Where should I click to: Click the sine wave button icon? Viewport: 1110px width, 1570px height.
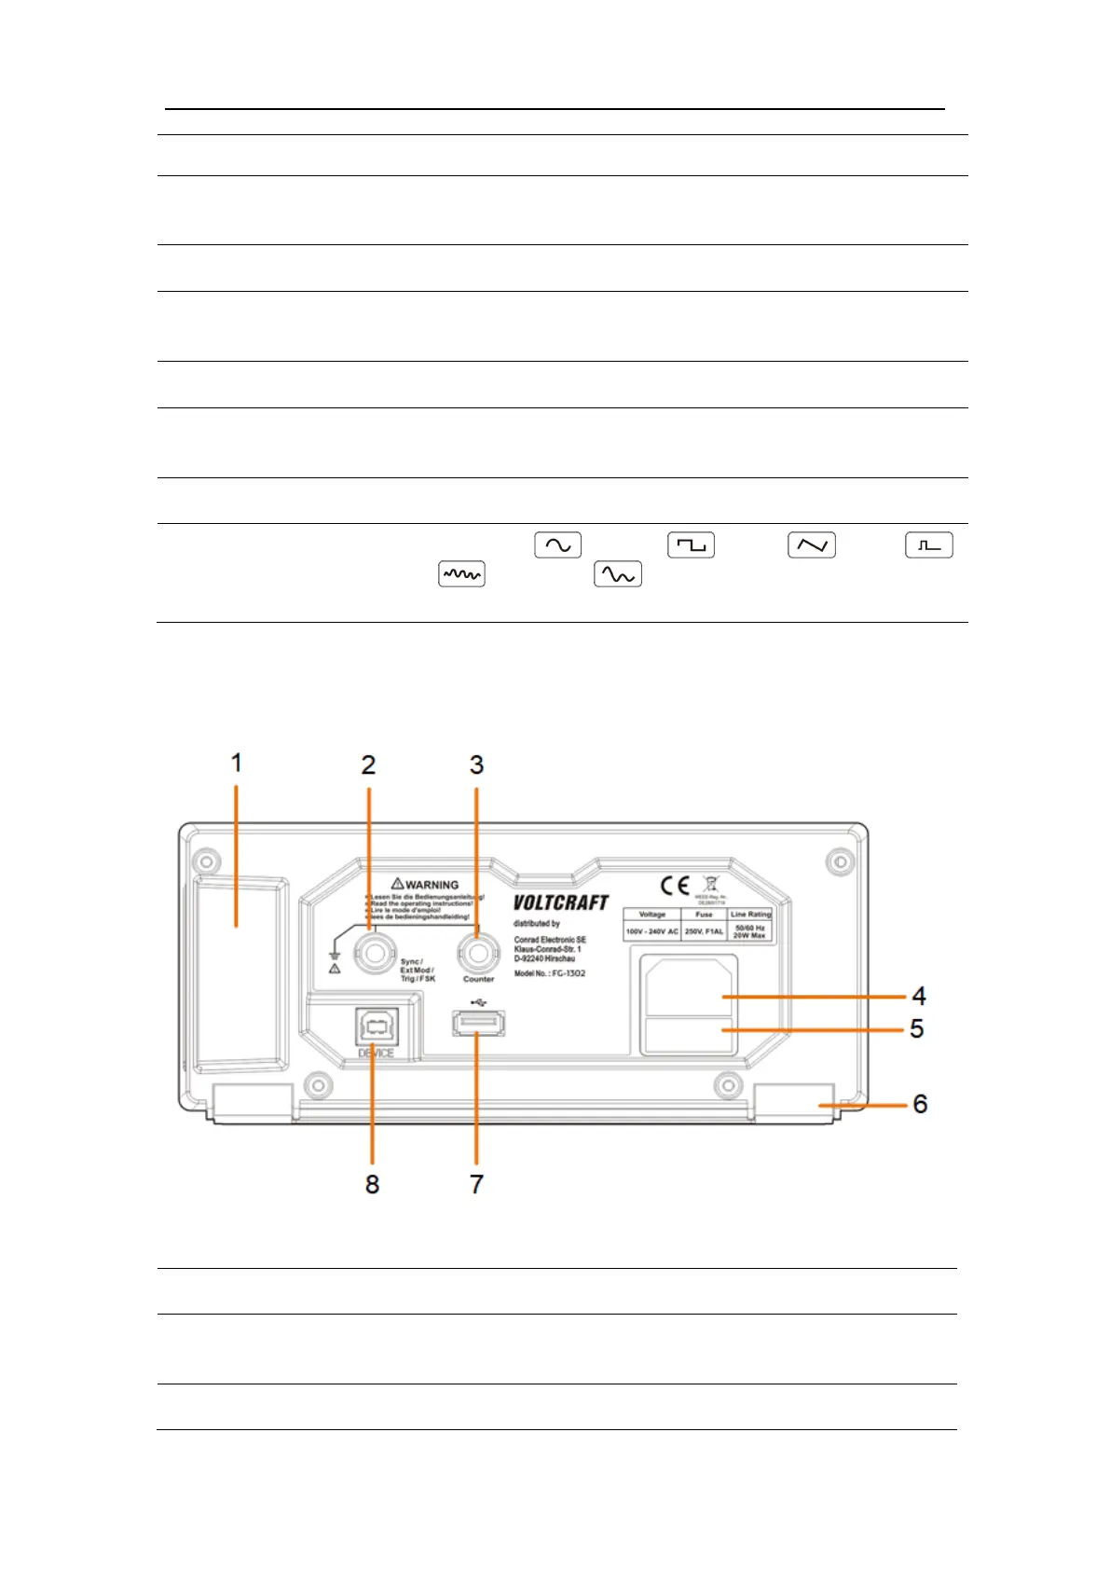pos(557,545)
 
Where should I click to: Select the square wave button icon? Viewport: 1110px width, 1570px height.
pos(691,545)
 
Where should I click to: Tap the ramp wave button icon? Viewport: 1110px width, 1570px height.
pos(811,545)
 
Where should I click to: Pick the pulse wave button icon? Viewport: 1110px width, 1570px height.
pos(928,545)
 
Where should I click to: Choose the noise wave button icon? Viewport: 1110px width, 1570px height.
pos(461,575)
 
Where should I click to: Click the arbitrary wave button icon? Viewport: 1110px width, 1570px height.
pos(617,575)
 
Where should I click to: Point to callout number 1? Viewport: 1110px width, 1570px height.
pos(237,763)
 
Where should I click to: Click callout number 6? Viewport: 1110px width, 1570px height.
pos(920,1104)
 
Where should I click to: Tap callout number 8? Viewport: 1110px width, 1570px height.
pos(372,1184)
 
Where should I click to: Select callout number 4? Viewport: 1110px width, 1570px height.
pos(919,996)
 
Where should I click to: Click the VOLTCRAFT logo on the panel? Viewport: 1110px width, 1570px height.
pos(560,902)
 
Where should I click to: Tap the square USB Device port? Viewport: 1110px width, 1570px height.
pos(376,1026)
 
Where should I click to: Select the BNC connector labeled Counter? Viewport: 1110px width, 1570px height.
pos(477,954)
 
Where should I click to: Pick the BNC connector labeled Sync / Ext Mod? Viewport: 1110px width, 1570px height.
pos(377,954)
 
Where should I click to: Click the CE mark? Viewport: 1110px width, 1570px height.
pos(675,886)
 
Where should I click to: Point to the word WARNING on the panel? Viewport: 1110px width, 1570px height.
pos(432,885)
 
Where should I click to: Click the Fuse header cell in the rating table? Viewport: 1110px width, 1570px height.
pos(704,915)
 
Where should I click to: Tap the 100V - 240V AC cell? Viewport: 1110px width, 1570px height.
pos(652,931)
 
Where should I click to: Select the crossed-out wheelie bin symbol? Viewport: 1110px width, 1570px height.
pos(711,884)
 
